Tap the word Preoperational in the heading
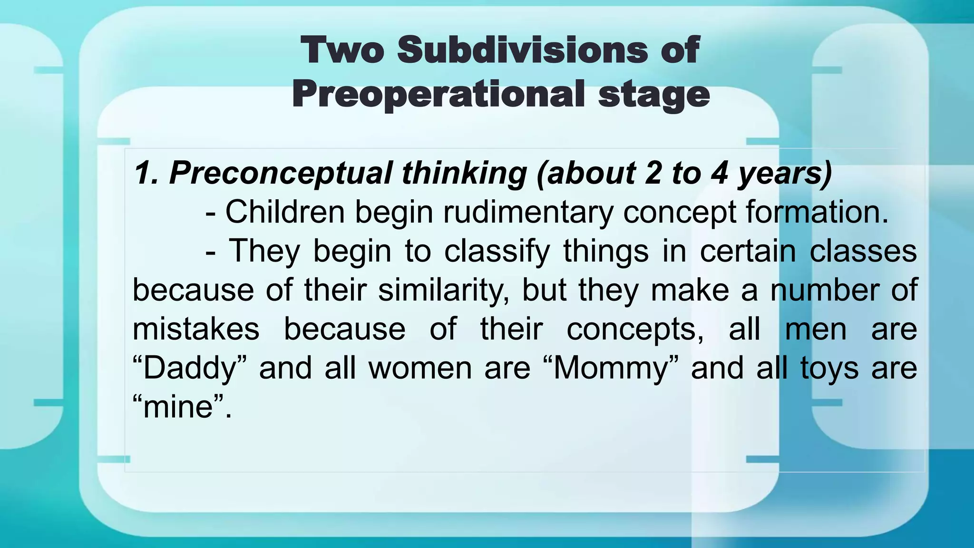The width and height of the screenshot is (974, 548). (438, 94)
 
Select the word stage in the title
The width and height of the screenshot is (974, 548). (654, 95)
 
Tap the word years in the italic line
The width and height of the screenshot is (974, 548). (784, 173)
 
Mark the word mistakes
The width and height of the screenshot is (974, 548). (195, 329)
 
